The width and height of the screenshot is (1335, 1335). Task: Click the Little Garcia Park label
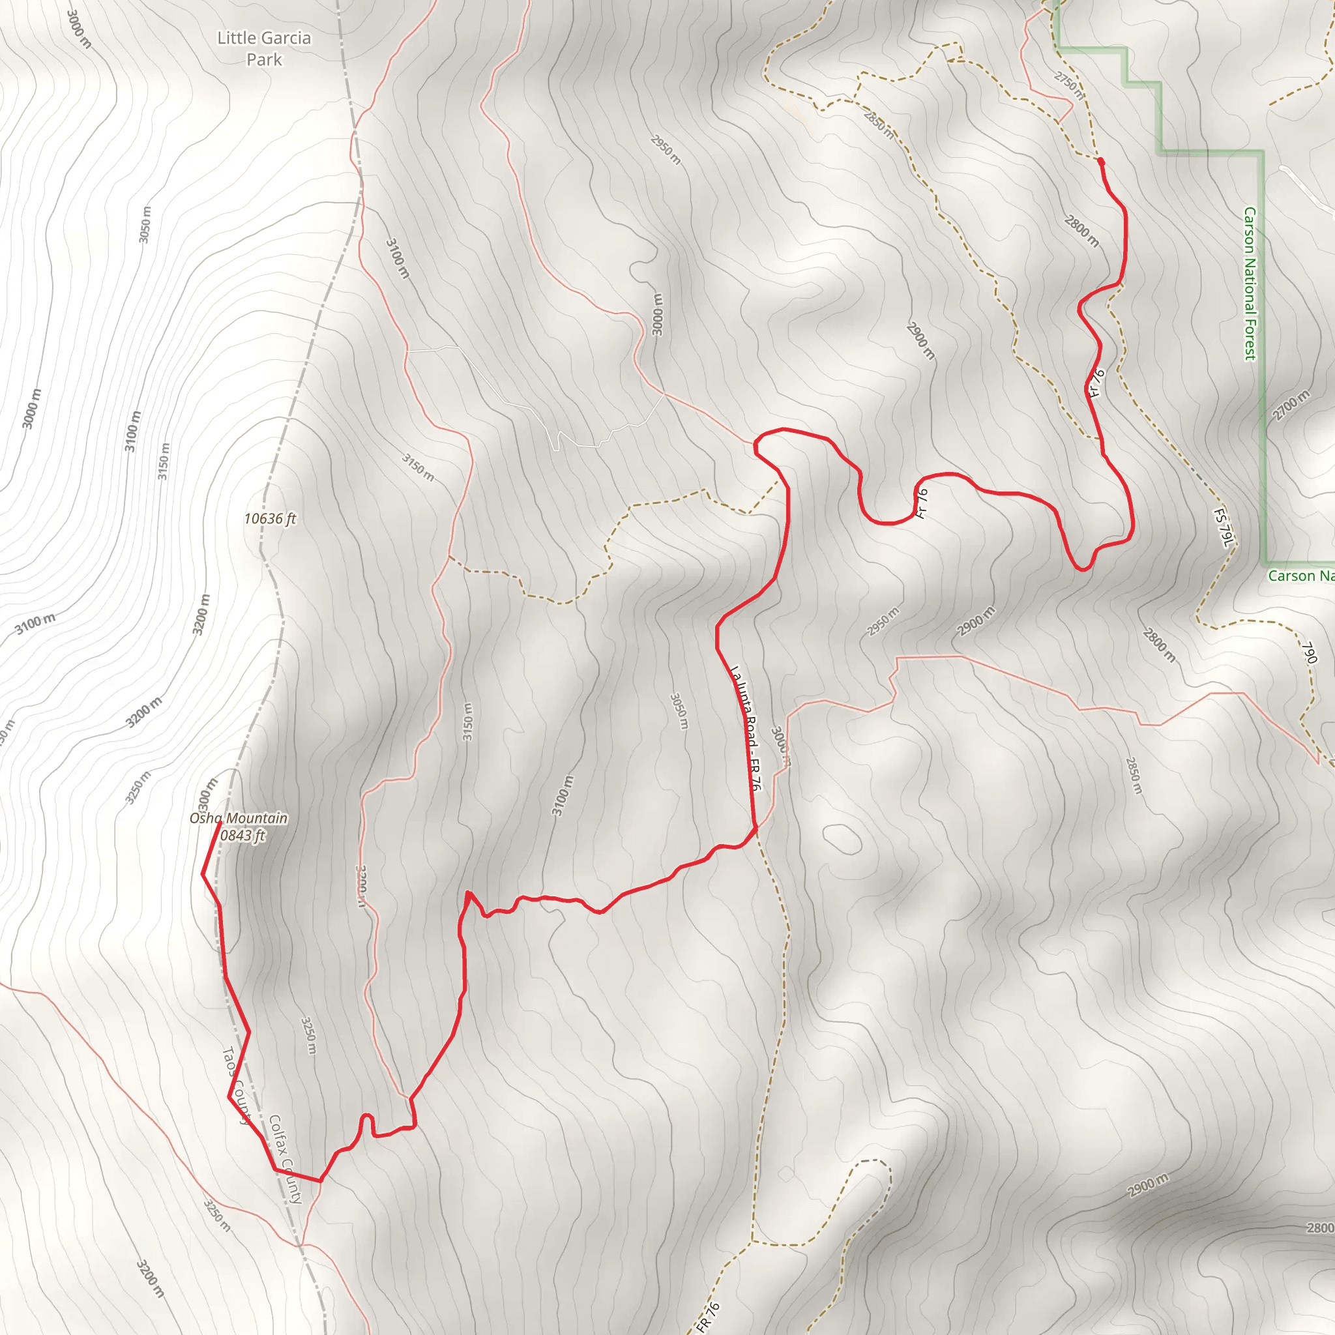[264, 48]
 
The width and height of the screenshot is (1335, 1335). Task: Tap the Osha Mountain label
[239, 818]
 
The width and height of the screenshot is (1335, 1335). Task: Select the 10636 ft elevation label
[269, 518]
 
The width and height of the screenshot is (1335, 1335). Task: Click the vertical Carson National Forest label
[1250, 284]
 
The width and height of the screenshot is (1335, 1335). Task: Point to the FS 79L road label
[1222, 528]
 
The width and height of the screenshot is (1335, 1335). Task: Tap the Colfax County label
[286, 1159]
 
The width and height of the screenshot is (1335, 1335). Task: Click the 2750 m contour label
[1069, 85]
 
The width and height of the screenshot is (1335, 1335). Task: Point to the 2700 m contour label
[1291, 405]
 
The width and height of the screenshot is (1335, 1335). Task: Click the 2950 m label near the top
[666, 149]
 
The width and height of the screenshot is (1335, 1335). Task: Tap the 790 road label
[1309, 653]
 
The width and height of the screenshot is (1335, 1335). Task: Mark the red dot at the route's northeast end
[1100, 161]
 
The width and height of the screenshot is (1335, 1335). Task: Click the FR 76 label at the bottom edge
[709, 1316]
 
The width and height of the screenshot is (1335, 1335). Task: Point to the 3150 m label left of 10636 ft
[163, 461]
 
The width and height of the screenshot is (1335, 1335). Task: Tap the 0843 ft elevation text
[242, 836]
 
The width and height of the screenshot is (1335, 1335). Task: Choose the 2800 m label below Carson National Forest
[1159, 645]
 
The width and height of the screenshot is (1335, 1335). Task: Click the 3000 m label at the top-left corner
[80, 27]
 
